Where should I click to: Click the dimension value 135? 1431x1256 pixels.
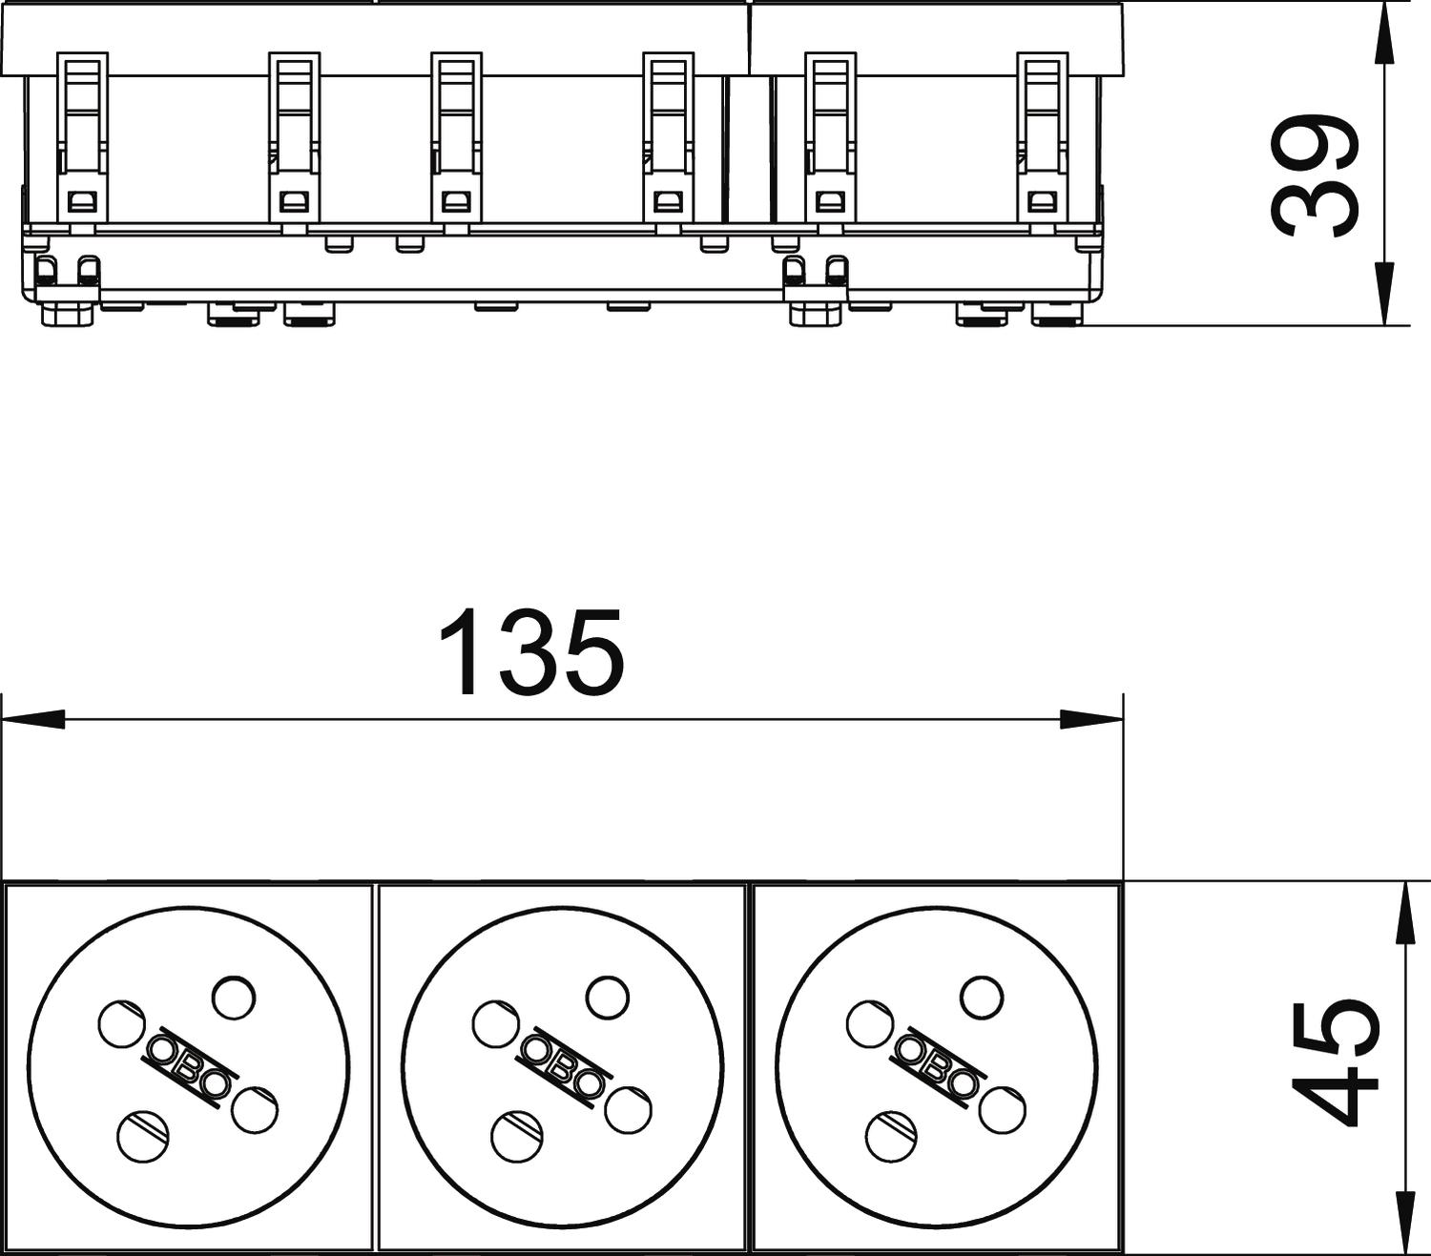pyautogui.click(x=532, y=651)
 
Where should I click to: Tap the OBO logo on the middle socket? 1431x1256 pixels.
pyautogui.click(x=563, y=1066)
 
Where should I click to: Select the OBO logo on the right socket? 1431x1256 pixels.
pyautogui.click(x=937, y=1066)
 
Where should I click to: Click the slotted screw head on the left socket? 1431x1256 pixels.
pyautogui.click(x=143, y=1135)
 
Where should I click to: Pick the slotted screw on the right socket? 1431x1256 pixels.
pyautogui.click(x=891, y=1135)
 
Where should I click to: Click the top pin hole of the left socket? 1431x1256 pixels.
pyautogui.click(x=234, y=998)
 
